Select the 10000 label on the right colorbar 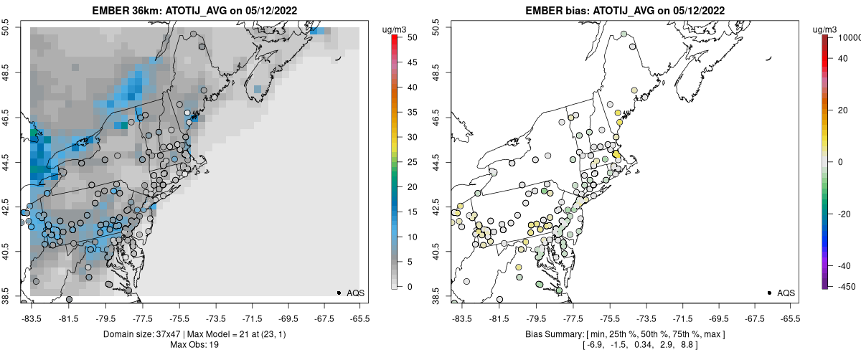click(x=848, y=37)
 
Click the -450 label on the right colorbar click(x=844, y=287)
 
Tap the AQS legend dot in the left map click(x=339, y=293)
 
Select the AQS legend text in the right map click(x=786, y=293)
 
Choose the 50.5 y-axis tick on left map click(x=7, y=28)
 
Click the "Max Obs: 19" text click(x=195, y=345)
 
